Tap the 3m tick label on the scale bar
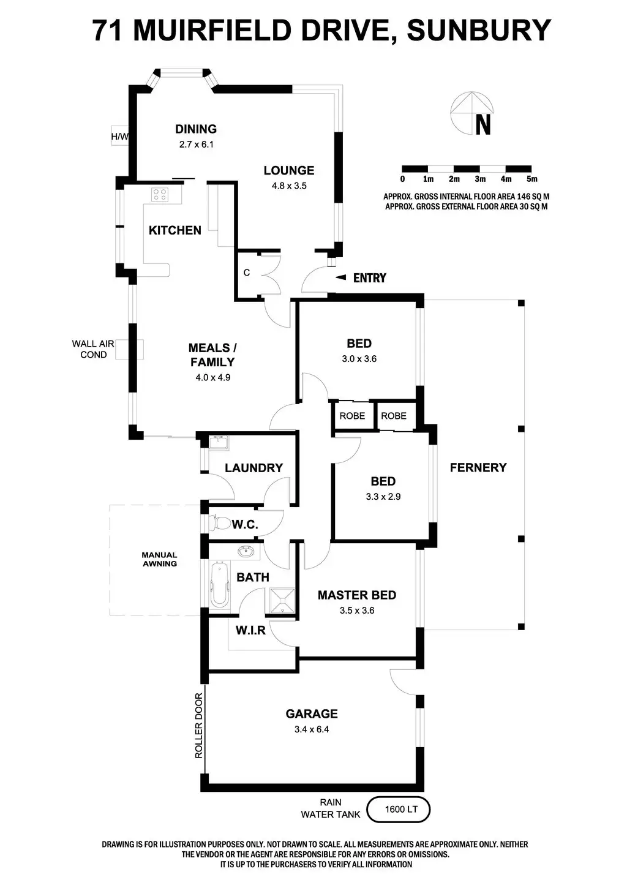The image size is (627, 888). click(480, 179)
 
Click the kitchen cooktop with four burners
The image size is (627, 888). click(160, 195)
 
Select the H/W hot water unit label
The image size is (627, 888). click(119, 137)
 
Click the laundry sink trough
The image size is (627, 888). click(218, 442)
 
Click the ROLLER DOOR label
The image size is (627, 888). click(198, 726)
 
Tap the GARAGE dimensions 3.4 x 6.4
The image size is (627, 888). click(312, 729)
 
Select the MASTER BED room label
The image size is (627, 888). click(356, 595)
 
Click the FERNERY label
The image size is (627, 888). click(478, 467)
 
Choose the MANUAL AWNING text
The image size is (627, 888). click(160, 559)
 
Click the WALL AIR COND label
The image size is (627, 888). click(93, 349)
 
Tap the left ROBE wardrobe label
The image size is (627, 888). click(352, 415)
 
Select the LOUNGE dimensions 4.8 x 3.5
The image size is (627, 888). click(289, 186)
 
